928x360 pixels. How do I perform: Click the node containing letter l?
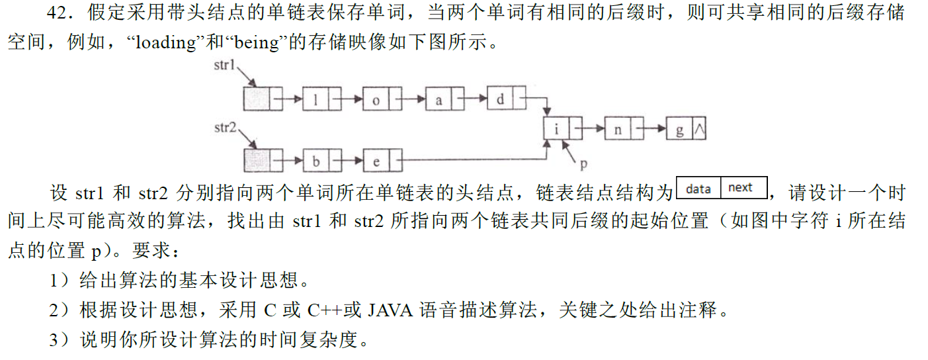322,100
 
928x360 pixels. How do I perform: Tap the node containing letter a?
444,100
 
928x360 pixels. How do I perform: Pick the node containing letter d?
506,100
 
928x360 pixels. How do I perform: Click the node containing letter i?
563,129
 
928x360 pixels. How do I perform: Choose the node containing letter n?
624,129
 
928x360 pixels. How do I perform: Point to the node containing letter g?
686,129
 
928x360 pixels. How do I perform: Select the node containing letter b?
322,160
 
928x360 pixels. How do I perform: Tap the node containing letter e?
382,160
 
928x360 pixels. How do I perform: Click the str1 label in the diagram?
224,66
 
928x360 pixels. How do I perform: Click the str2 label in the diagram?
226,126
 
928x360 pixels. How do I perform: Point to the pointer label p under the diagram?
584,162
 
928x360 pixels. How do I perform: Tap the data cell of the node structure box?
698,189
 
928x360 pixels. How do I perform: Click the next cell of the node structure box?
742,189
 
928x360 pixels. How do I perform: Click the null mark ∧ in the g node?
699,130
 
